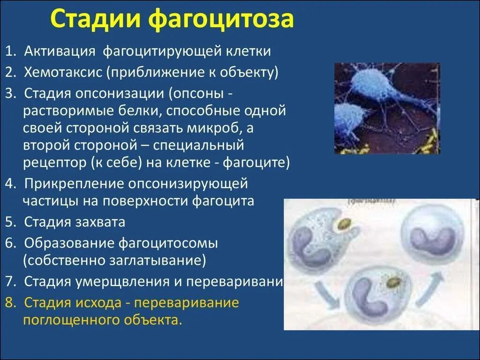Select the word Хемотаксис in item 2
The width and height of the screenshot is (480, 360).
(63, 72)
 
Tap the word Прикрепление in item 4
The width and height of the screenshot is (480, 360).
(75, 183)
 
